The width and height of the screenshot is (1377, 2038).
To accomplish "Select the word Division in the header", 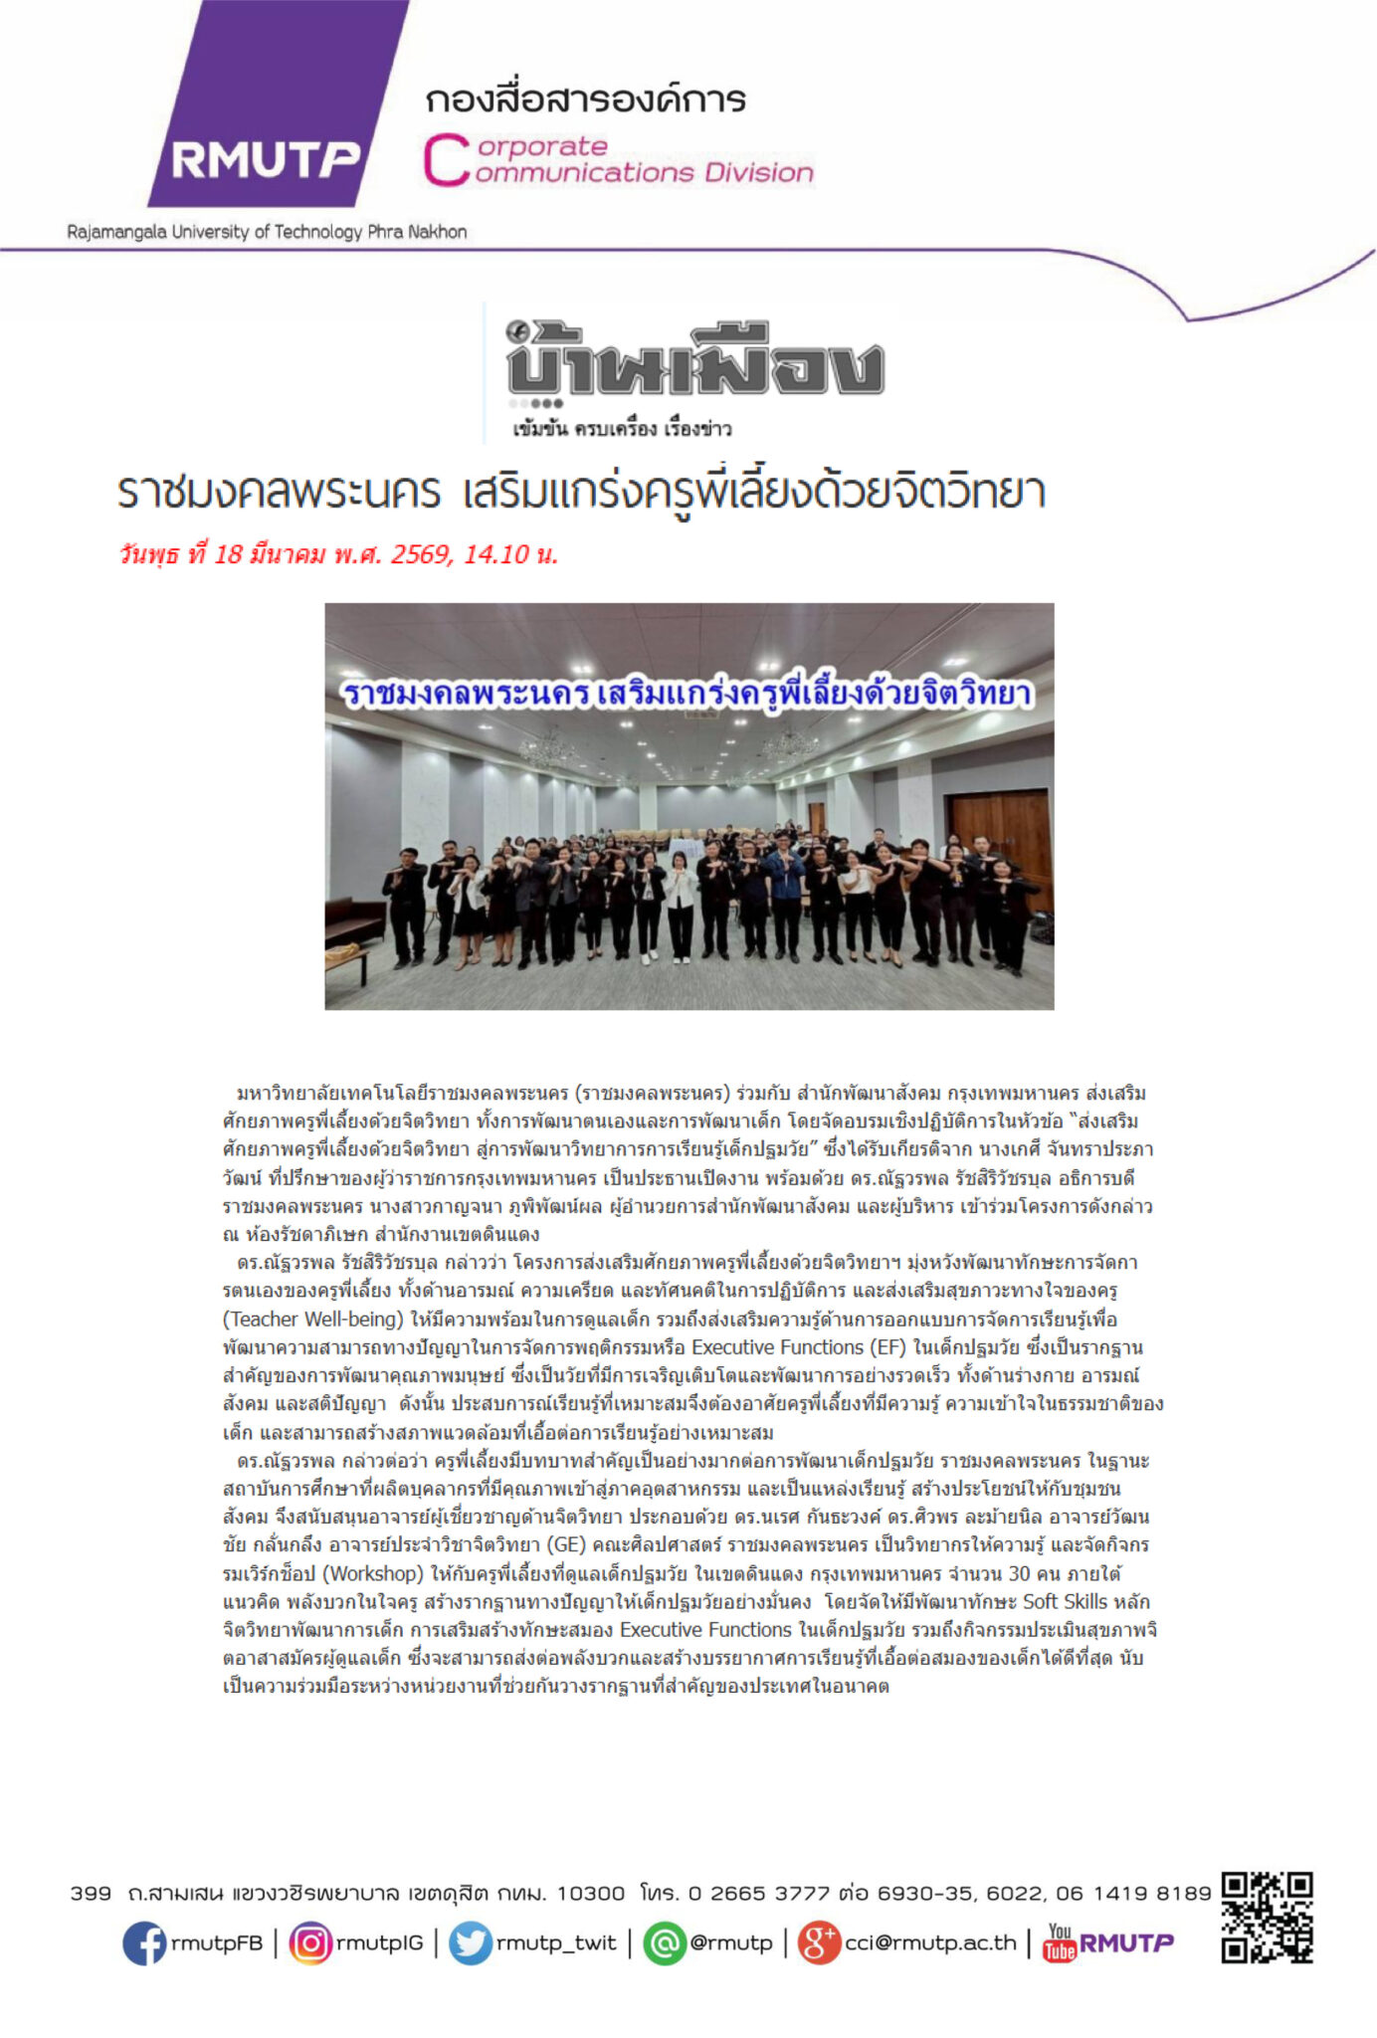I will pos(759,173).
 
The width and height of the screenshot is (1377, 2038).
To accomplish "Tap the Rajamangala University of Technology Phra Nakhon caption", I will pos(267,232).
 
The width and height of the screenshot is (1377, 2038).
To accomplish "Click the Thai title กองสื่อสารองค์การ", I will pos(585,101).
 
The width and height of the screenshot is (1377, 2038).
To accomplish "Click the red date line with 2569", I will pos(338,554).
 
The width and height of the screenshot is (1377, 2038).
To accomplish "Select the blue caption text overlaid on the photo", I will pos(688,694).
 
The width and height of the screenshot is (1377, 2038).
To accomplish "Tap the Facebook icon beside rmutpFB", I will pos(144,1942).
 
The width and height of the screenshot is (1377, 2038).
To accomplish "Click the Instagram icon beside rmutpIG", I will pos(310,1942).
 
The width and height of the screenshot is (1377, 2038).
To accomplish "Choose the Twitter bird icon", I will pos(470,1942).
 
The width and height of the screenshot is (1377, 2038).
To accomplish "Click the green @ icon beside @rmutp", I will pos(665,1942).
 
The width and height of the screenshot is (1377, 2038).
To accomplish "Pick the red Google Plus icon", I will pos(820,1942).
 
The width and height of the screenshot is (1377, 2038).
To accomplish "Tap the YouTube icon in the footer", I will pos(1060,1942).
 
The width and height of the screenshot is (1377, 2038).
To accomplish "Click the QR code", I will pos(1267,1918).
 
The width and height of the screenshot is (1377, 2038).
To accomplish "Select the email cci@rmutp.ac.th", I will pos(930,1942).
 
